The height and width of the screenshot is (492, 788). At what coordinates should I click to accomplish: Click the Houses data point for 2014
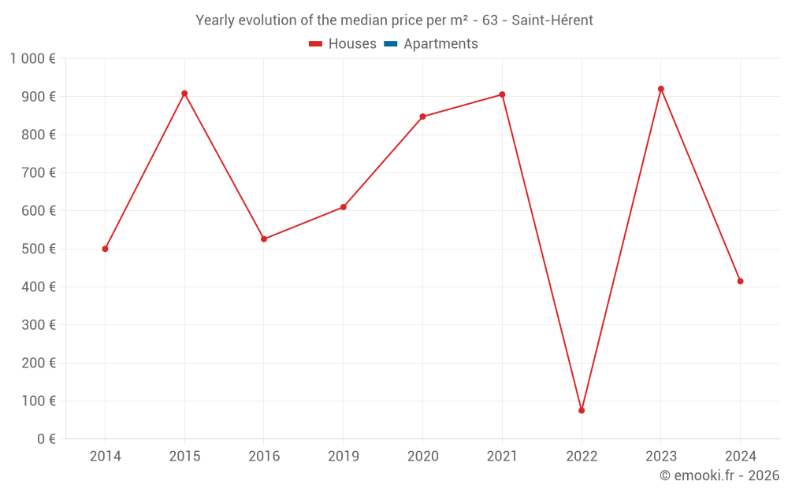click(105, 249)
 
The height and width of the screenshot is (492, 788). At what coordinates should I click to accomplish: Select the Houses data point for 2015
click(184, 94)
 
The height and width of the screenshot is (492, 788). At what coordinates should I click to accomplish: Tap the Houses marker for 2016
click(264, 239)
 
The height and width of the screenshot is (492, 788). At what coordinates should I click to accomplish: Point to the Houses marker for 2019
click(344, 207)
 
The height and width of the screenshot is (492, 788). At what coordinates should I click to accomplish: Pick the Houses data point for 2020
click(422, 117)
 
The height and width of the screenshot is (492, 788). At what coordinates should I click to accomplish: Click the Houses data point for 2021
click(502, 94)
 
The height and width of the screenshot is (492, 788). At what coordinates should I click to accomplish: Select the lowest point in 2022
click(582, 410)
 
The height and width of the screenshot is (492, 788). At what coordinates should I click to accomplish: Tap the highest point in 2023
click(661, 89)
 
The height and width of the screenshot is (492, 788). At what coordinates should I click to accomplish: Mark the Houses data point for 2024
click(740, 281)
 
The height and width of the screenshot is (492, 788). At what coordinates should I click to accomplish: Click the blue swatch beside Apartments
click(390, 44)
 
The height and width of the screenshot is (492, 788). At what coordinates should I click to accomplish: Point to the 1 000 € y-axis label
click(32, 58)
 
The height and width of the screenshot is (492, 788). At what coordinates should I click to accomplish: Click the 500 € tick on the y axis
click(40, 249)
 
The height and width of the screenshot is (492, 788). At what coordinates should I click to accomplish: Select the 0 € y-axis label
click(45, 439)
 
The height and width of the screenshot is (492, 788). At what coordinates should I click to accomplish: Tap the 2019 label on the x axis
click(344, 457)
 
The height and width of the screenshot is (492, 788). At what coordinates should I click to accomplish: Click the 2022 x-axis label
click(582, 457)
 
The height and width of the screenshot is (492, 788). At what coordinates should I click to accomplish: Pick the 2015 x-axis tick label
click(184, 457)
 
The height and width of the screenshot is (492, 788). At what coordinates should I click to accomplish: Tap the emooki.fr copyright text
click(719, 475)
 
